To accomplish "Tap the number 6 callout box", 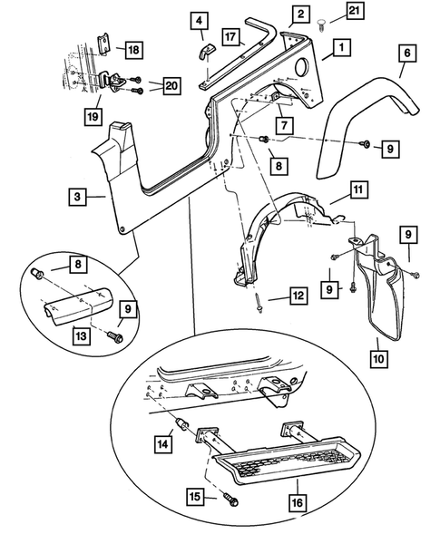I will [406, 54].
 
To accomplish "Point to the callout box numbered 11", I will [359, 190].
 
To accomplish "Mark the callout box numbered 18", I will [133, 49].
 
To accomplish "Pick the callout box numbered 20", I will [166, 86].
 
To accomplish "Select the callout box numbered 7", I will [284, 124].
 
